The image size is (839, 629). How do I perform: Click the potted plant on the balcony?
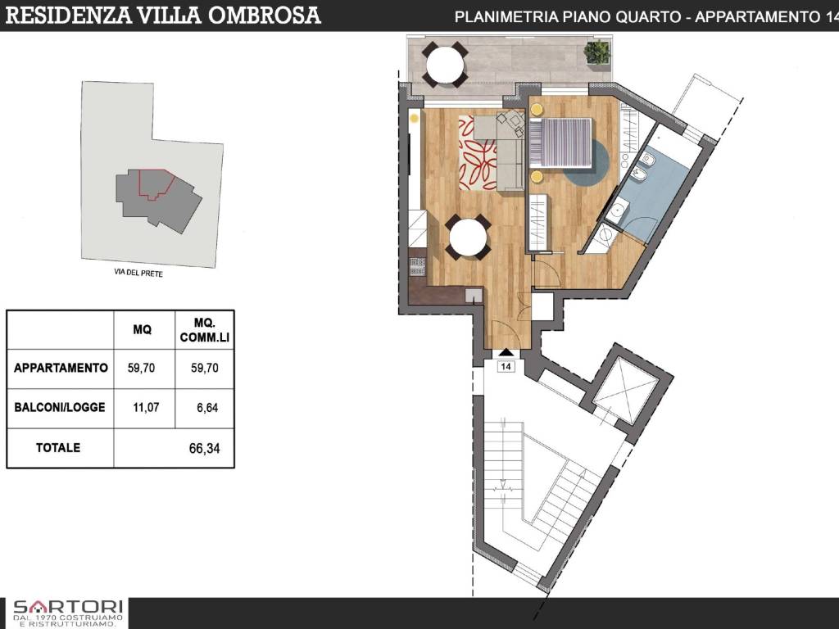coord(596,52)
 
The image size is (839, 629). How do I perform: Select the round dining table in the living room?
coord(468,238)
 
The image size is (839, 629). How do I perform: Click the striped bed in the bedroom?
coord(560,141)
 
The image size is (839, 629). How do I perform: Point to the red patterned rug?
coord(478,152)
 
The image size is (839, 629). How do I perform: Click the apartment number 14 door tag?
coord(506,366)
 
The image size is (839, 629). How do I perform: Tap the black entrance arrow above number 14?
coord(506,352)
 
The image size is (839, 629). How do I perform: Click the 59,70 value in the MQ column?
coord(141,368)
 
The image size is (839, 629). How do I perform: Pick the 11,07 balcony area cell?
coord(146,408)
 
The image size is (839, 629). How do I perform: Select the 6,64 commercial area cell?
coord(207,408)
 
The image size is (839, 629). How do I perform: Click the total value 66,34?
coord(204,448)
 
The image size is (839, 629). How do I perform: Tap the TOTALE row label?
coord(58,448)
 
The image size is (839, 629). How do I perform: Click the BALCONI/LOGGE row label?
coord(59,408)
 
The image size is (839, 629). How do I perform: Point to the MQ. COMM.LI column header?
coord(204,330)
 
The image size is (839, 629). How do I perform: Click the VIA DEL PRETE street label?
coord(138,274)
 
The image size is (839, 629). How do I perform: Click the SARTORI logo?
coord(68,613)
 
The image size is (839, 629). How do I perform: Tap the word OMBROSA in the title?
coord(264,16)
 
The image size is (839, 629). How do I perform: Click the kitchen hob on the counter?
coord(417,266)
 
